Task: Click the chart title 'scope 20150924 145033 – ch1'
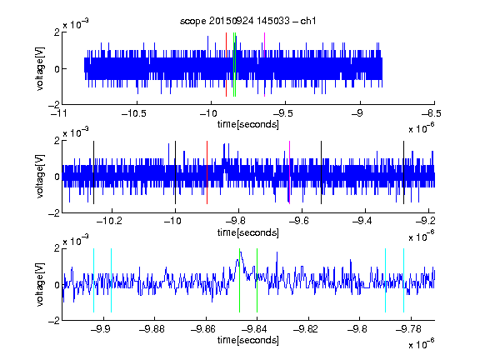[x=247, y=21]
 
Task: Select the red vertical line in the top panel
[x=226, y=65]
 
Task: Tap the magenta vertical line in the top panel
[x=264, y=65]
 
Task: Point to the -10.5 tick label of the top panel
[x=134, y=113]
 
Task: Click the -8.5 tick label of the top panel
[x=432, y=113]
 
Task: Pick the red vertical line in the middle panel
[x=207, y=172]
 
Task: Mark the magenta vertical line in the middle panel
[x=290, y=172]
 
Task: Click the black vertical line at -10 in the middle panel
[x=175, y=172]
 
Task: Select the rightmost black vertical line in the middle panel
[x=403, y=172]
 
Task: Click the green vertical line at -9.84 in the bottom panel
[x=257, y=280]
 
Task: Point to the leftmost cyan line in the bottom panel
[x=93, y=280]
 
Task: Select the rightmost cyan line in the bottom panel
[x=403, y=280]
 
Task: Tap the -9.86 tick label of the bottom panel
[x=203, y=329]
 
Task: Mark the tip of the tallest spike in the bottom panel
[x=241, y=252]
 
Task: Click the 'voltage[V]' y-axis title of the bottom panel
[x=40, y=285]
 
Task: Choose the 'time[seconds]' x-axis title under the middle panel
[x=248, y=232]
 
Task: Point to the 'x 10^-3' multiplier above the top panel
[x=76, y=24]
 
